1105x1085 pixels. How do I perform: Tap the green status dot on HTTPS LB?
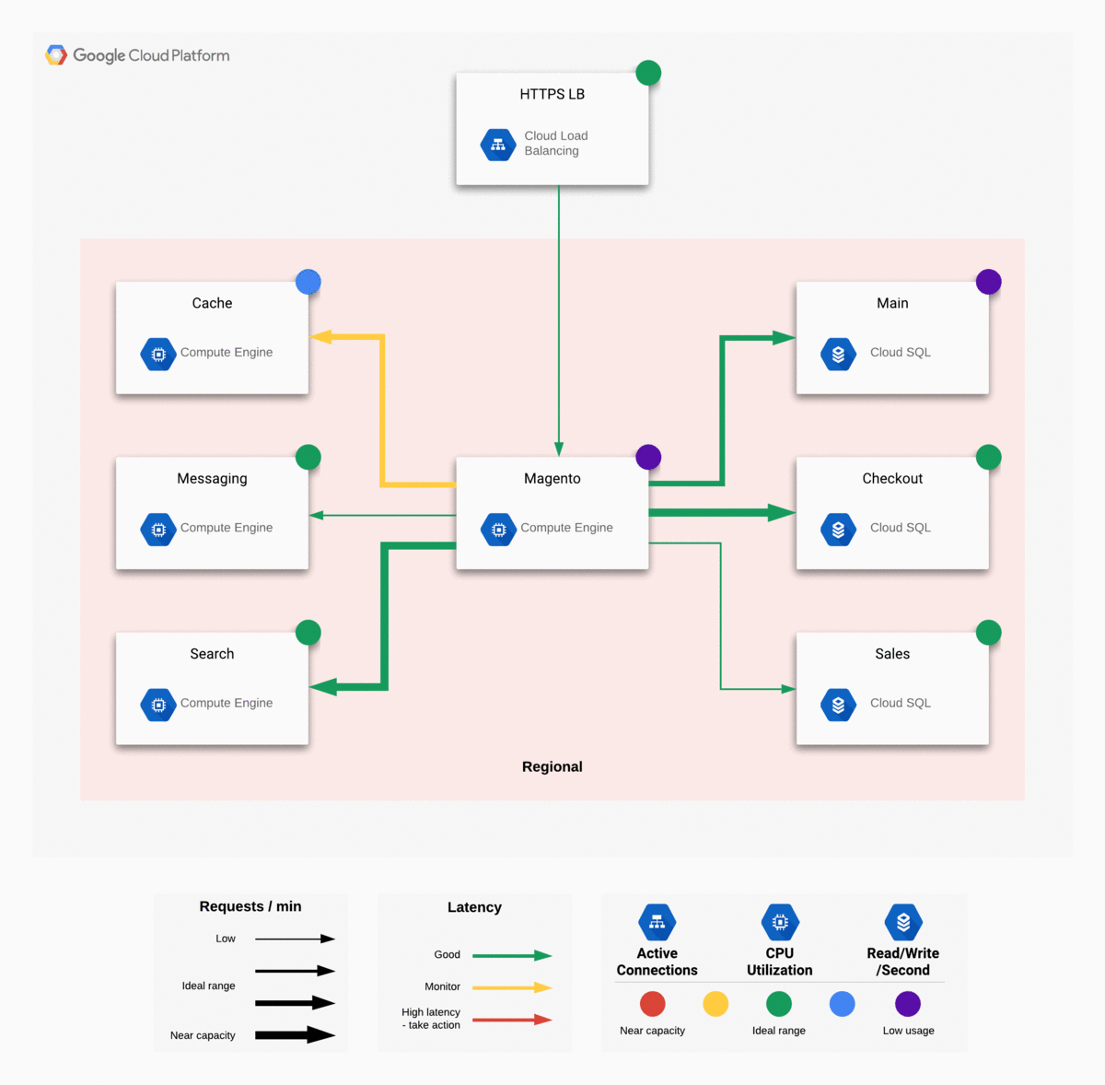[648, 73]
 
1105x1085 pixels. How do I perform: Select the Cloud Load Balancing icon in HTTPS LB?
[498, 145]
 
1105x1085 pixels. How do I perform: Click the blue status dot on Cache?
[308, 282]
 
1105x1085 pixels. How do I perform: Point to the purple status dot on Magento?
[648, 457]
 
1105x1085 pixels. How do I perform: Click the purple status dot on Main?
[988, 282]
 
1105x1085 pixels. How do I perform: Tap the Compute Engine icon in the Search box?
[158, 705]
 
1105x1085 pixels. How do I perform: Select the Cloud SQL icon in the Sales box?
[838, 705]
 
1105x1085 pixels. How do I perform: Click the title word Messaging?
[212, 479]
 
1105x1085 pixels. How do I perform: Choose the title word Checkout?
[892, 479]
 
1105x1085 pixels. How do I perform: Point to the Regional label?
[552, 767]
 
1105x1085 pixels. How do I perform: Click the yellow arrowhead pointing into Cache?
[320, 337]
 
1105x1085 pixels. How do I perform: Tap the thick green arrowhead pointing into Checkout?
[782, 512]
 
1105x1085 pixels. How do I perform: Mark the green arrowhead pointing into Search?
[322, 687]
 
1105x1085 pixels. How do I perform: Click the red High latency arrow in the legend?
[512, 1020]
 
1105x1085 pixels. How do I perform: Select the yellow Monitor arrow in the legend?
[512, 987]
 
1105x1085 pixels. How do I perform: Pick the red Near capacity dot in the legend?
[652, 1004]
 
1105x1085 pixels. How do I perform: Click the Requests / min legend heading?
[250, 906]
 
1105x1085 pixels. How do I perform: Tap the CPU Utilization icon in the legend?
[780, 922]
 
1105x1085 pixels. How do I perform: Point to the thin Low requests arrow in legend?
[295, 939]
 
